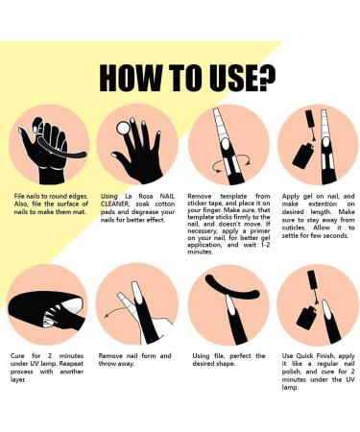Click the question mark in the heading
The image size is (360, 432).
pyautogui.click(x=267, y=78)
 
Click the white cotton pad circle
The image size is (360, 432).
pyautogui.click(x=123, y=129)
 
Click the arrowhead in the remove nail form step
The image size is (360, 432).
pyautogui.click(x=108, y=316)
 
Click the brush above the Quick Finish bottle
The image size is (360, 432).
pyautogui.click(x=312, y=286)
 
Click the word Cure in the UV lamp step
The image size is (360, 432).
pyautogui.click(x=17, y=356)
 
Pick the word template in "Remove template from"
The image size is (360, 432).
pyautogui.click(x=233, y=196)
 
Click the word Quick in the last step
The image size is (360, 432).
pyautogui.click(x=304, y=356)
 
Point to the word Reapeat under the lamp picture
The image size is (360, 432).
pyautogui.click(x=71, y=364)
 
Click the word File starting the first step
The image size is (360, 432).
pyautogui.click(x=19, y=196)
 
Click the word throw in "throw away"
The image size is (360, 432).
pyautogui.click(x=108, y=364)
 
